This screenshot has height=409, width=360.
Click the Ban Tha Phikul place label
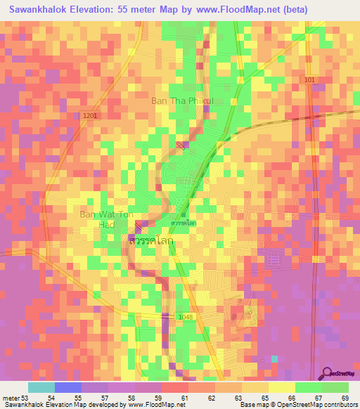[181, 100]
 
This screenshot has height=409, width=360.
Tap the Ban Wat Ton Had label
[105, 219]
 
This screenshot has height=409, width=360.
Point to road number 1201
[89, 115]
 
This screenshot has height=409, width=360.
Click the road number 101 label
[310, 80]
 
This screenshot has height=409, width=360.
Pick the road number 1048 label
[186, 317]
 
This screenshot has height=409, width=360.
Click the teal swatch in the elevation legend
[41, 387]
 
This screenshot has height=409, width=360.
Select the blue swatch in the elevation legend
[68, 387]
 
